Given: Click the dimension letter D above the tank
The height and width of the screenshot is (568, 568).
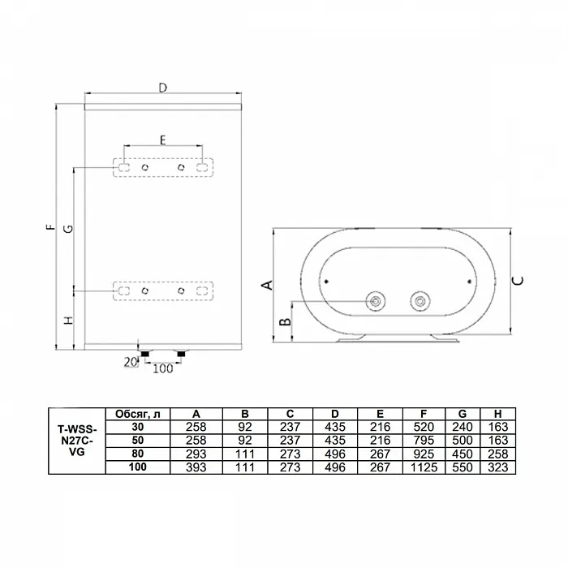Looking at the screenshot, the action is pyautogui.click(x=163, y=88).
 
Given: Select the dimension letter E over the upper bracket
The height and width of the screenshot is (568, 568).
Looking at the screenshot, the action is pyautogui.click(x=162, y=140).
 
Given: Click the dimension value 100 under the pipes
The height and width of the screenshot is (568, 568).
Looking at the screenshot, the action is pyautogui.click(x=162, y=368).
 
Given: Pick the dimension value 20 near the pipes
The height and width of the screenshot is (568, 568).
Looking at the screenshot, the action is pyautogui.click(x=131, y=362).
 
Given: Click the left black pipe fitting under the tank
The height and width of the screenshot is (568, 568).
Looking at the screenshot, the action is pyautogui.click(x=145, y=354).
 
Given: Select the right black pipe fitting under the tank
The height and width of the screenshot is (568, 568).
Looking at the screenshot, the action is pyautogui.click(x=181, y=354).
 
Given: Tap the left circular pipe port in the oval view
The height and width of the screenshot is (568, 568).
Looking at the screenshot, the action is pyautogui.click(x=375, y=301).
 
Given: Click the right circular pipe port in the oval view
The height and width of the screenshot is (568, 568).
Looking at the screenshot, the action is pyautogui.click(x=420, y=301).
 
